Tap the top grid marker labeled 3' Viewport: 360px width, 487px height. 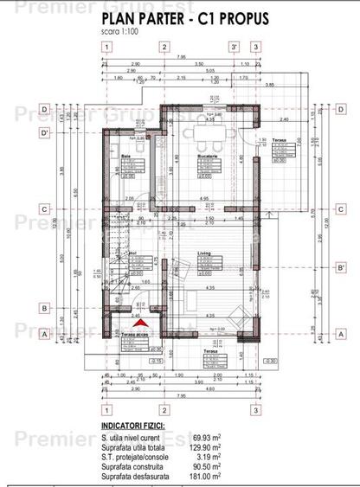[x=233, y=48]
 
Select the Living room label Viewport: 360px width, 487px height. [x=205, y=252]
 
